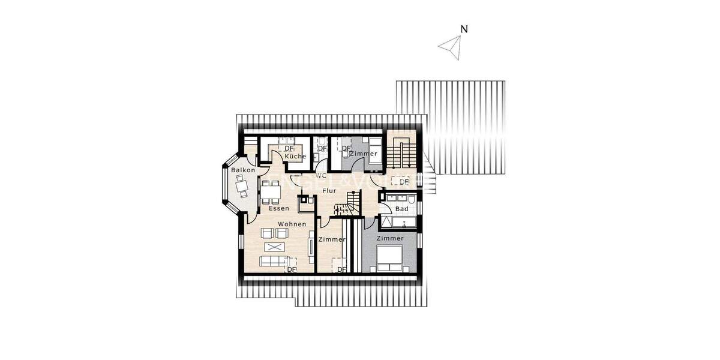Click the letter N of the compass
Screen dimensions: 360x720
pyautogui.click(x=464, y=29)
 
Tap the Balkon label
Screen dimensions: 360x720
pyautogui.click(x=243, y=170)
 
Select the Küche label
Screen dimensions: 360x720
pyautogui.click(x=295, y=157)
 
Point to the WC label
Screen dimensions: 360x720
pyautogui.click(x=321, y=176)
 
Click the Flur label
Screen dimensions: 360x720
pyautogui.click(x=329, y=190)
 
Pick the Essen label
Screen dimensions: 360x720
pyautogui.click(x=279, y=208)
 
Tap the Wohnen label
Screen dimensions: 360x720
pyautogui.click(x=292, y=224)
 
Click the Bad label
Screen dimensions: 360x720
pyautogui.click(x=402, y=209)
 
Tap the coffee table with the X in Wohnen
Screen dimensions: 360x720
pyautogui.click(x=275, y=247)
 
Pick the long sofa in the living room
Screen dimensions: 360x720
pyautogui.click(x=273, y=261)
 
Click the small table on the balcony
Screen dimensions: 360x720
pyautogui.click(x=241, y=186)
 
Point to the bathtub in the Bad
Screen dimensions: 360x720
pyautogui.click(x=398, y=223)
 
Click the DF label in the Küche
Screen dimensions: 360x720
pyautogui.click(x=289, y=148)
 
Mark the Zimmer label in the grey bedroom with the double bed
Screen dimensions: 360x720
pyautogui.click(x=390, y=238)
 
